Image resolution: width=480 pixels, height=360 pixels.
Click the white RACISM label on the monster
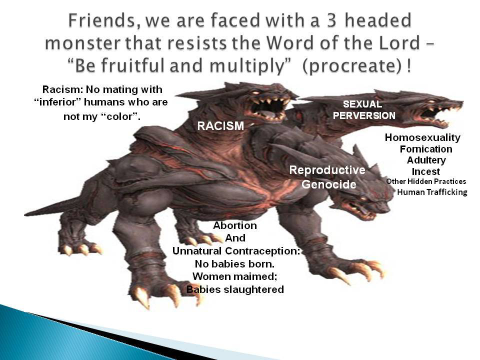[220, 126]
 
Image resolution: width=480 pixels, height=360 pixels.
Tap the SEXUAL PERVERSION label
[364, 110]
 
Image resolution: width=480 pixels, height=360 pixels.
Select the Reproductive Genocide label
[327, 177]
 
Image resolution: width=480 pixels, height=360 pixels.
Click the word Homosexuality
[422, 137]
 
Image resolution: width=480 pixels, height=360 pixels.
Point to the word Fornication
[426, 149]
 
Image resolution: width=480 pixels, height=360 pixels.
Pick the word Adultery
[426, 160]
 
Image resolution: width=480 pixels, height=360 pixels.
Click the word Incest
[426, 171]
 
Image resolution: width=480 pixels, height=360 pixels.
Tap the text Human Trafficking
[432, 192]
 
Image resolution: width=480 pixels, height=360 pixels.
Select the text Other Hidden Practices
[426, 181]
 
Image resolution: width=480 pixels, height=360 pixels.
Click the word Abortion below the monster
[235, 225]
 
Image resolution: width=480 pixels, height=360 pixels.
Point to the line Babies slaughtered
[235, 289]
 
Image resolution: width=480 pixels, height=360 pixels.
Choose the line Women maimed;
[235, 276]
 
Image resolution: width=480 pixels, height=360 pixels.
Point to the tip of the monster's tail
[25, 214]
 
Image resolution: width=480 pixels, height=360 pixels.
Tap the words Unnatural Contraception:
[236, 251]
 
